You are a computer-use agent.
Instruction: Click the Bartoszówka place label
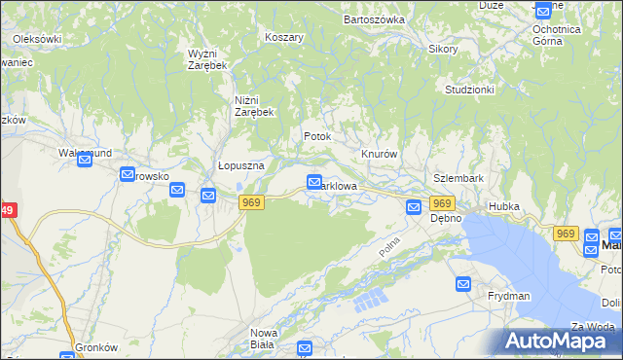(374, 18)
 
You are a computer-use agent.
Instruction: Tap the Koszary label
(284, 37)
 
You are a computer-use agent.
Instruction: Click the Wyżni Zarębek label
(207, 58)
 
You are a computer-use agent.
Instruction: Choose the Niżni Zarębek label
(255, 106)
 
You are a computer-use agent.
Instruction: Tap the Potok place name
(317, 137)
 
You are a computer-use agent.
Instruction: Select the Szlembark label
(458, 179)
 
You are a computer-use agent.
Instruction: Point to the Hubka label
(505, 207)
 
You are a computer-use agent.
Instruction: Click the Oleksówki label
(38, 39)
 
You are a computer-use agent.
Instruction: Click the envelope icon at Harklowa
(314, 181)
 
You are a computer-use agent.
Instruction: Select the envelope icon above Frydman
(464, 283)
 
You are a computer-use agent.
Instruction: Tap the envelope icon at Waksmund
(85, 161)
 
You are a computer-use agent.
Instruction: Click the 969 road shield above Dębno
(442, 203)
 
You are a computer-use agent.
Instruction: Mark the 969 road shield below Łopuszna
(251, 201)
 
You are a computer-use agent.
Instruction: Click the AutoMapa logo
(563, 341)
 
